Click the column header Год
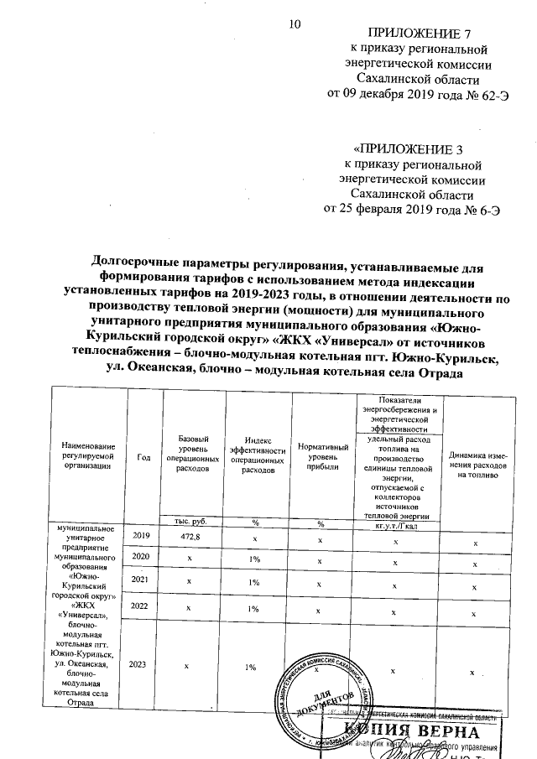pos(143,456)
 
